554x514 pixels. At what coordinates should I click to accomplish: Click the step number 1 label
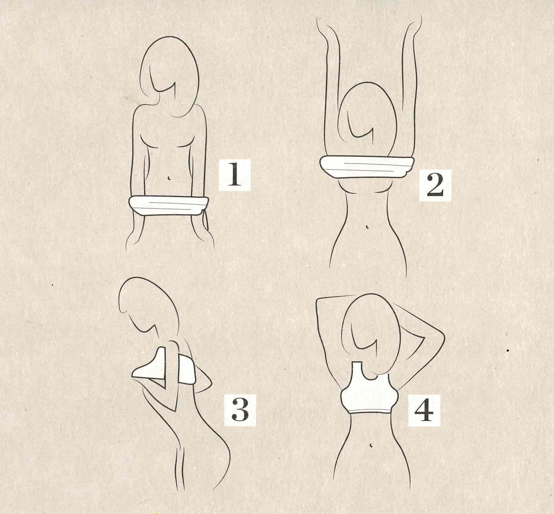coord(234,175)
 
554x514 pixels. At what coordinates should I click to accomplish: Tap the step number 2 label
coord(435,186)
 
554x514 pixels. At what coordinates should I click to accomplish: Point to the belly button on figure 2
coord(367,227)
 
